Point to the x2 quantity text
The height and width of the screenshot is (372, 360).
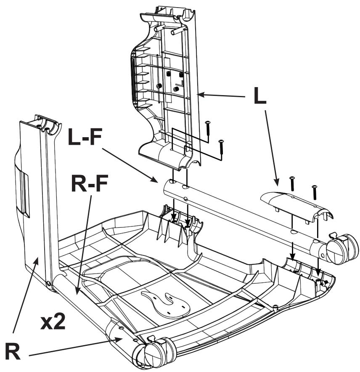point(53,322)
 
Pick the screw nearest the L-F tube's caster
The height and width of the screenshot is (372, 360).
point(314,191)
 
